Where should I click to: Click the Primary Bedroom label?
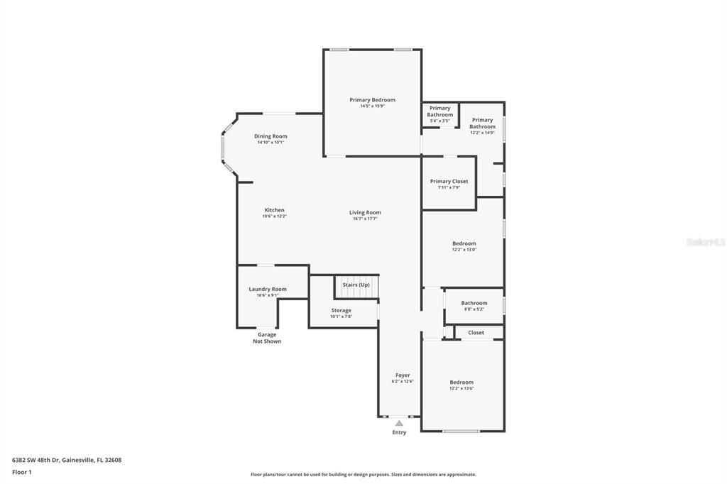372,100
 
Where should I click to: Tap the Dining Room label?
270,136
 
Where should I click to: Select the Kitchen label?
274,210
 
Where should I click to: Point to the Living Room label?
365,212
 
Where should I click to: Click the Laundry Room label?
268,289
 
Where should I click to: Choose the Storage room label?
341,310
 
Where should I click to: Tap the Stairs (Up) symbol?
356,285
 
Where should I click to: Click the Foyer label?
403,375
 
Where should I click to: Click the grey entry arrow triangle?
399,423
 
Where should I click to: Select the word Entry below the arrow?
399,432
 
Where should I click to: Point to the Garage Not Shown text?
267,338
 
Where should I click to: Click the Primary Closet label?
449,182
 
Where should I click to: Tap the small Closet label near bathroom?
476,332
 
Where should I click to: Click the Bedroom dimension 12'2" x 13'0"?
464,250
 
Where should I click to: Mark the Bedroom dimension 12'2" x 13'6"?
461,388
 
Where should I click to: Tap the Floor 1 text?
22,472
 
